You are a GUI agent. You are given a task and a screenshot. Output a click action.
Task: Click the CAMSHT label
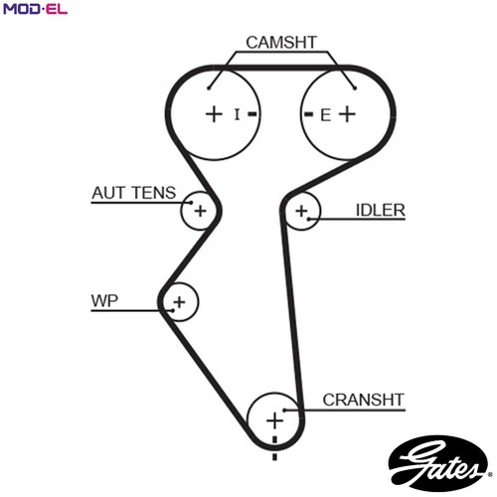click(x=281, y=43)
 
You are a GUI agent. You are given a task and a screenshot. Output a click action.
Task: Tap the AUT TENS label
click(x=134, y=193)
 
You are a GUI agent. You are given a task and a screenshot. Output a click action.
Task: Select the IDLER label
click(x=380, y=210)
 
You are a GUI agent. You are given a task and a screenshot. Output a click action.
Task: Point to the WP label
click(x=104, y=301)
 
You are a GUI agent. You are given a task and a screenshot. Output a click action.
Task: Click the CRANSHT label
click(x=364, y=400)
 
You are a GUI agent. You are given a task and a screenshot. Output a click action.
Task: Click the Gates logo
click(x=438, y=464)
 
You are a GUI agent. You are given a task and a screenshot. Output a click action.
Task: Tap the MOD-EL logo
click(x=35, y=9)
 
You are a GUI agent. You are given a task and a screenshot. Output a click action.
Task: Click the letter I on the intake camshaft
click(x=237, y=114)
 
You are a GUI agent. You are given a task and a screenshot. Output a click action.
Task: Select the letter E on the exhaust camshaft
click(x=325, y=115)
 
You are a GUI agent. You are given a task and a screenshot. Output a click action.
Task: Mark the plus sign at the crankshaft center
click(x=274, y=420)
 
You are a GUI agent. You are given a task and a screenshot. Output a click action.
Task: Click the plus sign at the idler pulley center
click(x=301, y=211)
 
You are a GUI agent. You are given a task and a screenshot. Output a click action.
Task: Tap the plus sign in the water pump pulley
click(x=179, y=302)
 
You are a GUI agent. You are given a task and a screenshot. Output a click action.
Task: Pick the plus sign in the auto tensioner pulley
click(x=200, y=211)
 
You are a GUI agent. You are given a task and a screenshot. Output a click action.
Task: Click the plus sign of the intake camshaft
click(x=214, y=114)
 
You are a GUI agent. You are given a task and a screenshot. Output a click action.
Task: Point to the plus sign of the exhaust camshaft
click(x=348, y=114)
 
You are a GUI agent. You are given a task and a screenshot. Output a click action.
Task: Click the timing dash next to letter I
click(x=252, y=114)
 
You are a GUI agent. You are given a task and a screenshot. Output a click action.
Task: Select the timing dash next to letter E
click(x=308, y=114)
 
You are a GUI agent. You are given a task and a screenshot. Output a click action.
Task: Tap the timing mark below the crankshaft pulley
click(x=274, y=456)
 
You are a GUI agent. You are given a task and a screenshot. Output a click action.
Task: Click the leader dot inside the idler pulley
click(x=308, y=219)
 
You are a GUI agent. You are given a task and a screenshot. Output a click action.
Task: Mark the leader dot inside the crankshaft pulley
click(x=284, y=411)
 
